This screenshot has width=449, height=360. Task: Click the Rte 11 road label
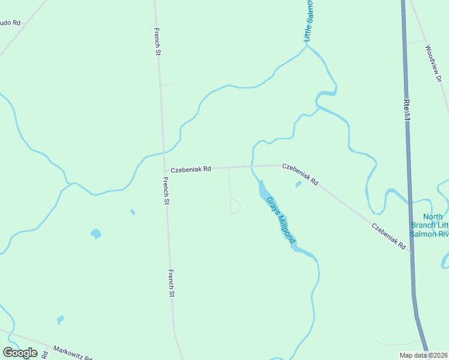tap(407, 109)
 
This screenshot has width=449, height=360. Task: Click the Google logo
tap(20, 353)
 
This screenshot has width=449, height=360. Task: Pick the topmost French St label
tap(157, 42)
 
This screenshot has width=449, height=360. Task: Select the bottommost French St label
tap(171, 283)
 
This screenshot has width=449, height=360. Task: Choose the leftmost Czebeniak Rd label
tap(190, 170)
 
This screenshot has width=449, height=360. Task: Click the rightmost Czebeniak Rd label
tap(389, 236)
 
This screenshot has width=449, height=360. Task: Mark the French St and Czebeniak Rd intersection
tap(164, 170)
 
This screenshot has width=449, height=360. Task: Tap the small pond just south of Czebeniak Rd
tap(298, 184)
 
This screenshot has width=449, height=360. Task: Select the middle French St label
tap(166, 191)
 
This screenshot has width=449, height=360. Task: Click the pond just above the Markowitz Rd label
tap(60, 320)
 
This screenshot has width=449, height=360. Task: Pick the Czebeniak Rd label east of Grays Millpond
tap(300, 174)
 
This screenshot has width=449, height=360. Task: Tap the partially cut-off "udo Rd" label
tap(10, 23)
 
